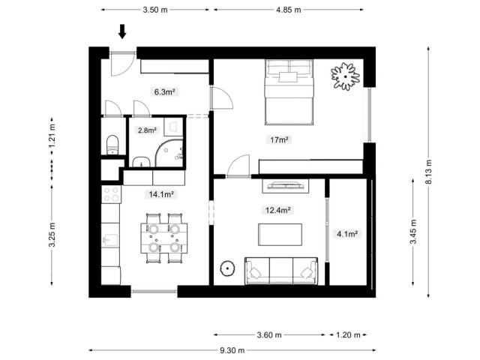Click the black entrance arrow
pos(122,31)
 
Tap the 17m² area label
pos(279,140)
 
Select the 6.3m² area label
pos(165,91)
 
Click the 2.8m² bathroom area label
pos(147,130)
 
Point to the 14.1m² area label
pos(161,194)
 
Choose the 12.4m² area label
pos(278,210)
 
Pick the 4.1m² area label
pos(347,234)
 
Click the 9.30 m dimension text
pos(232,350)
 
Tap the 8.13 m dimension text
pos(428,172)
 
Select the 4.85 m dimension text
pos(289,10)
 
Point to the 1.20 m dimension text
pos(348,335)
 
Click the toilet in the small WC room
pos(112,145)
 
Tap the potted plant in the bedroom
pos(345,76)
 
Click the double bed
pos(289,92)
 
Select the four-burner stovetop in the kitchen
pos(111,194)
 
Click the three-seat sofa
pos(281,271)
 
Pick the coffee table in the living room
pos(280,235)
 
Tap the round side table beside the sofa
pos(227,268)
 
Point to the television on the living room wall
pos(285,186)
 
